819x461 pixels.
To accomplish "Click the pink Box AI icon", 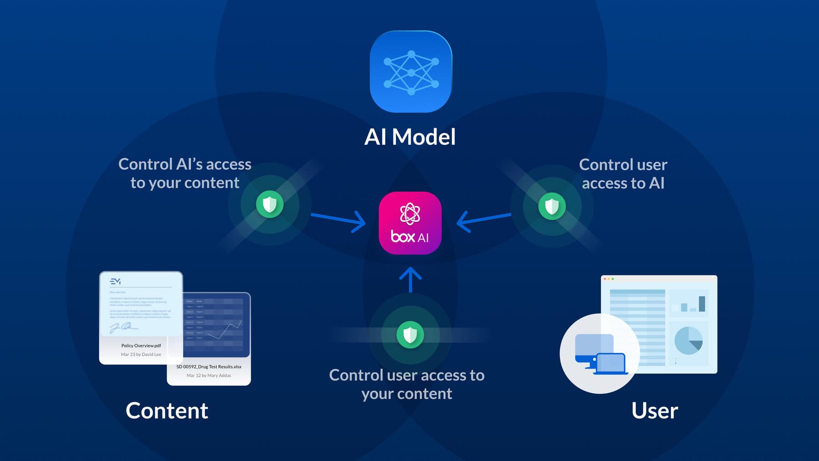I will [410, 223].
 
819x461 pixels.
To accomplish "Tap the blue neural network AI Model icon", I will [411, 72].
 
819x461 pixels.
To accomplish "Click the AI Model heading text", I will [410, 137].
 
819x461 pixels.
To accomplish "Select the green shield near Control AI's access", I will [270, 204].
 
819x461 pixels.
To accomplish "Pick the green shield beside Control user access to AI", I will [552, 206].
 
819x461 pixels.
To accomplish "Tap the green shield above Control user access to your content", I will [410, 335].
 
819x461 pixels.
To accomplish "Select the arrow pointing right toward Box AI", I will [339, 220].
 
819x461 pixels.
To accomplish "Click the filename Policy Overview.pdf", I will [141, 345].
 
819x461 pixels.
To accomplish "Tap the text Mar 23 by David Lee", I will [141, 354].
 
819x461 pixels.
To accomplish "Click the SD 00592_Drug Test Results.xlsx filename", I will [209, 366].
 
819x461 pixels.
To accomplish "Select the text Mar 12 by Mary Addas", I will [209, 375].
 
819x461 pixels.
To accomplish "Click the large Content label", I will [167, 410].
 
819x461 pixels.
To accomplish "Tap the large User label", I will [654, 410].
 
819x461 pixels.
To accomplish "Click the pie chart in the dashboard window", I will [688, 340].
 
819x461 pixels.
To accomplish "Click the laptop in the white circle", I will [611, 364].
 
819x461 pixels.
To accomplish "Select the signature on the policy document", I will [122, 327].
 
